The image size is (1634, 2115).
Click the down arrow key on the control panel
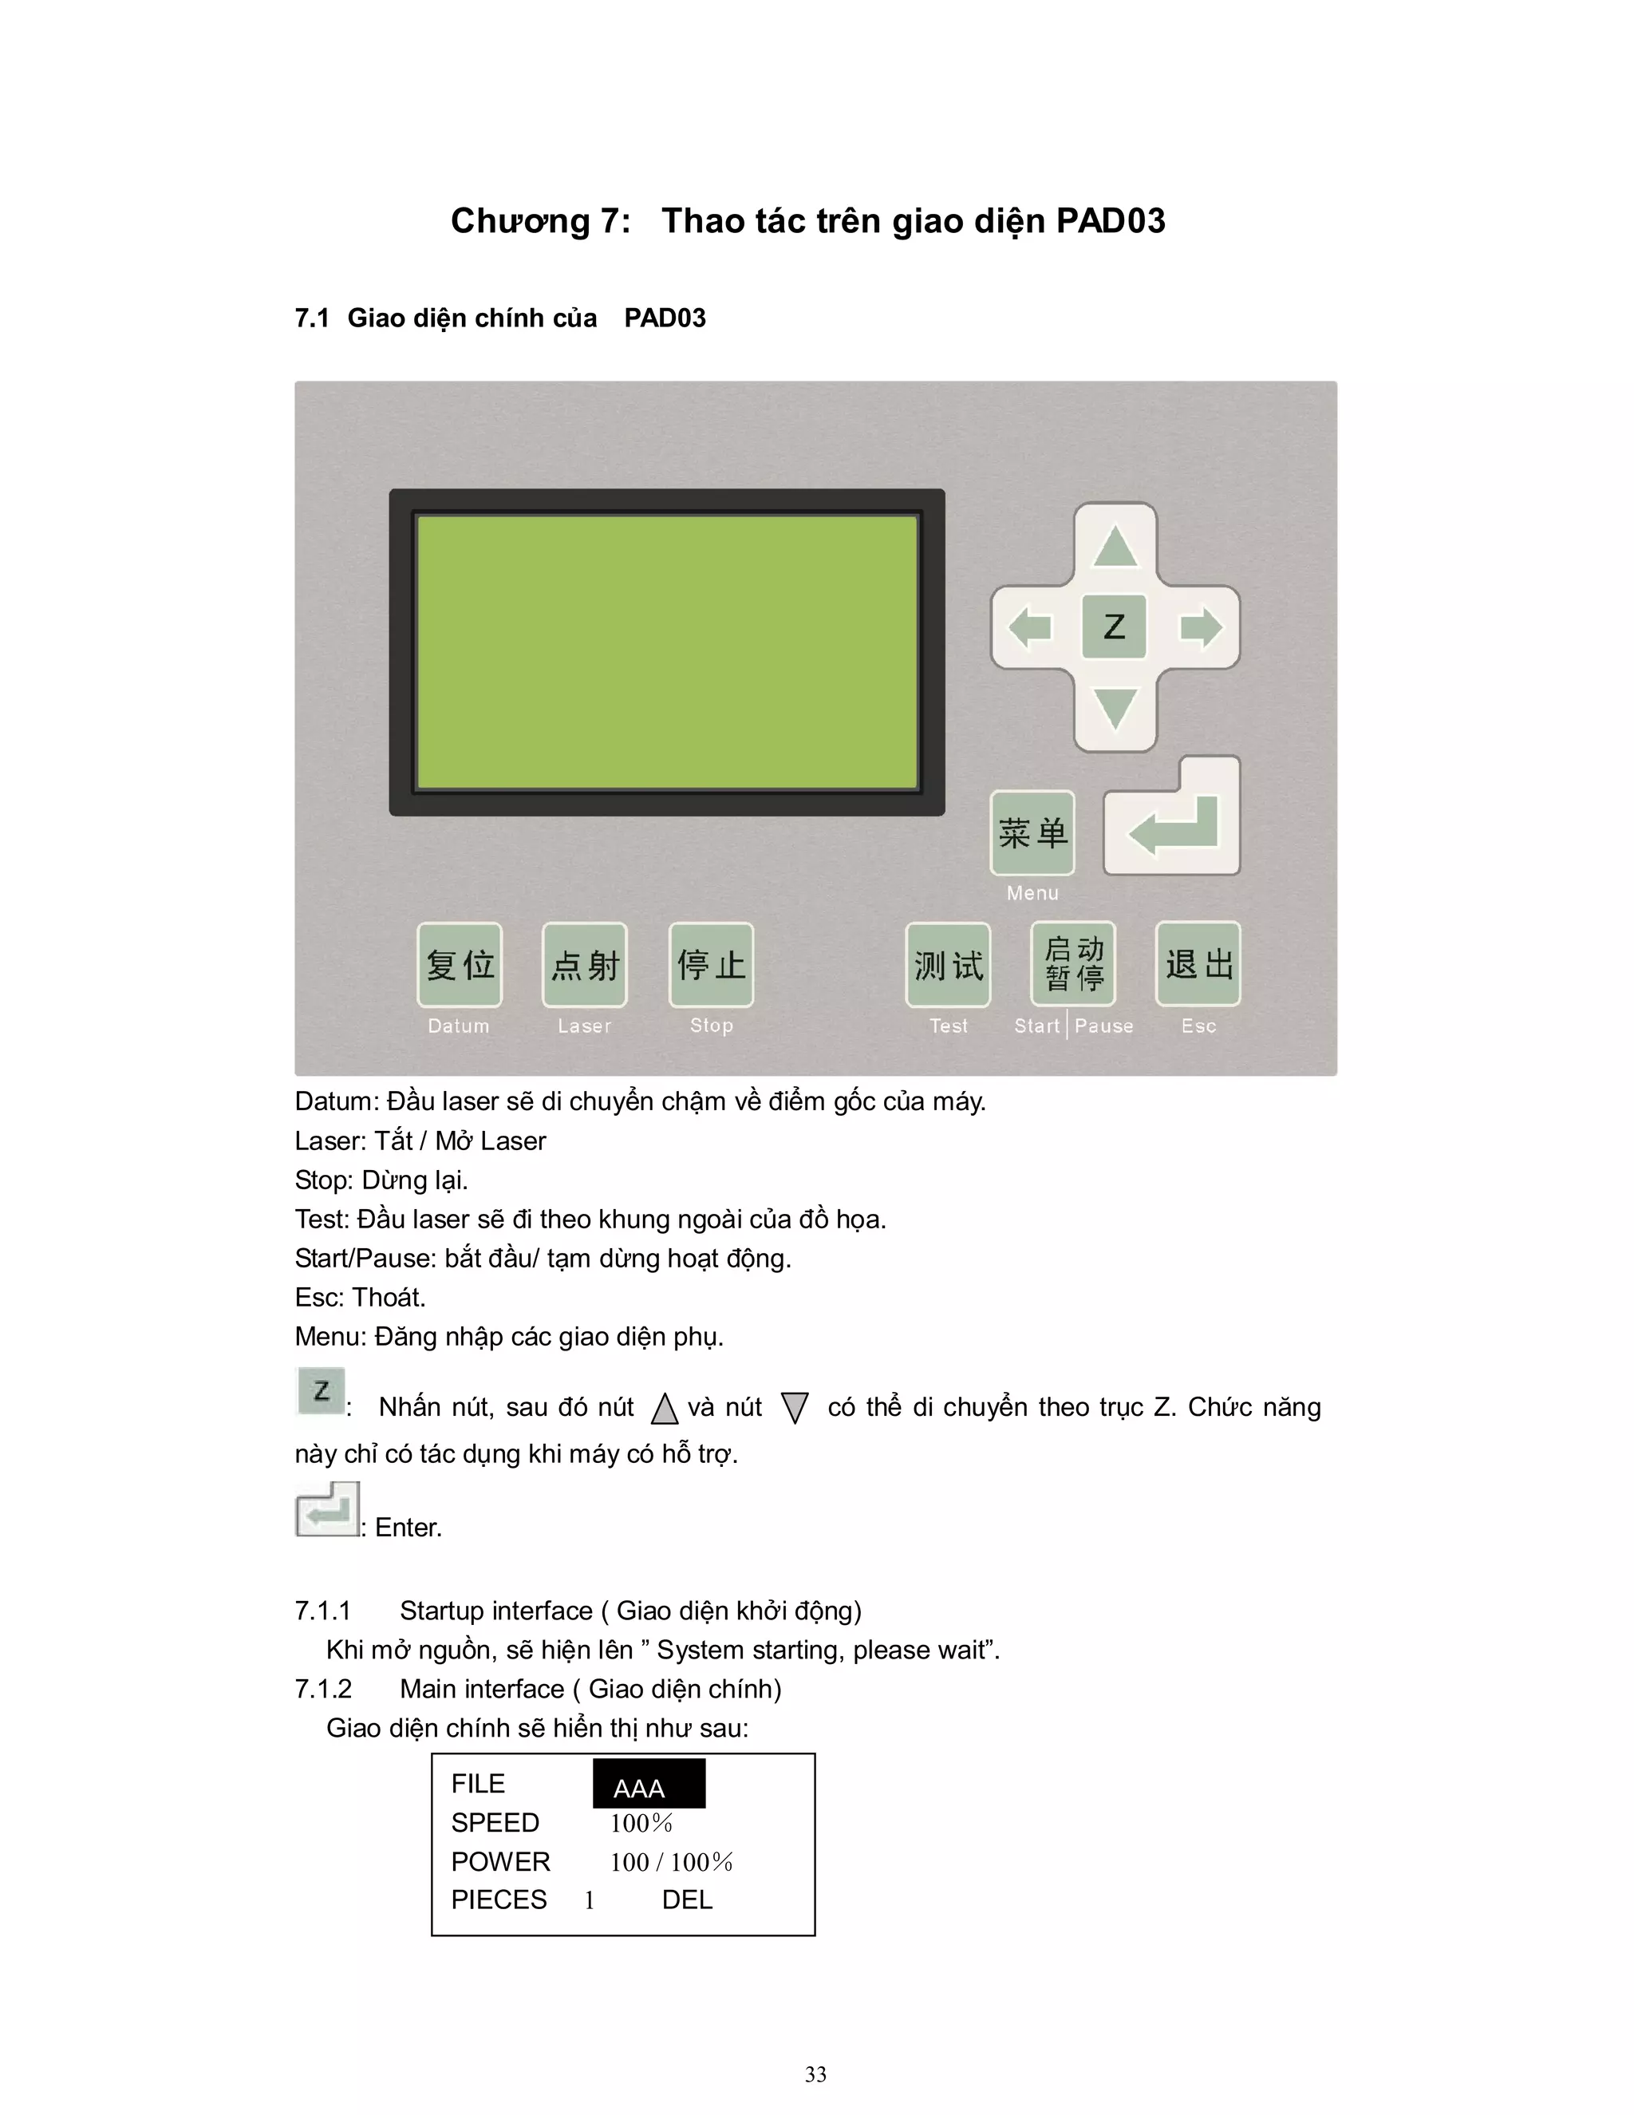point(1115,708)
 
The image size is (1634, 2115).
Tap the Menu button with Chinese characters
point(1032,832)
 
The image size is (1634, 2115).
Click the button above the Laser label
point(585,965)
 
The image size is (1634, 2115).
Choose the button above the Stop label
point(711,965)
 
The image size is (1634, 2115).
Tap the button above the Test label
point(948,965)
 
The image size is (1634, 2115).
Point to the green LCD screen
point(667,652)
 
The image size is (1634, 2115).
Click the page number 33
point(816,2073)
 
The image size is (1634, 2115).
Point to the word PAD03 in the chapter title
point(1111,221)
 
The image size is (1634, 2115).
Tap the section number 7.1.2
point(323,1689)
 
